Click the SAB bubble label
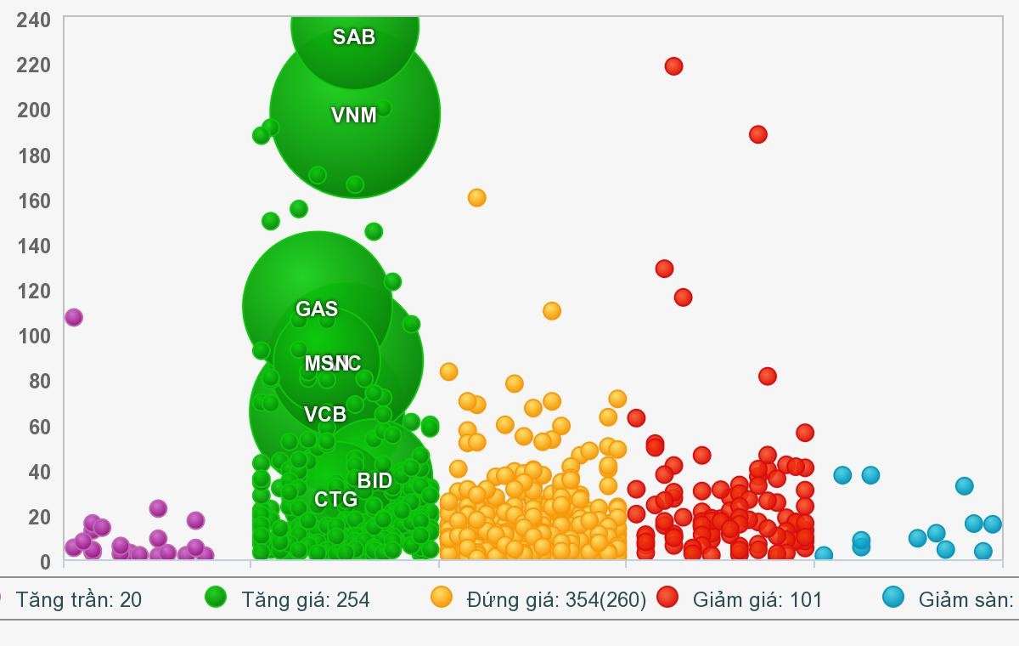click(x=353, y=37)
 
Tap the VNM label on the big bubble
click(x=353, y=116)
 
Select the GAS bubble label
click(x=317, y=309)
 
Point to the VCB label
click(x=325, y=415)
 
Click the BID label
click(x=374, y=481)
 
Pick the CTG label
click(x=335, y=500)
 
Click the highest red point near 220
click(x=673, y=66)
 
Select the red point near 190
click(x=758, y=134)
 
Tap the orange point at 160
click(x=476, y=198)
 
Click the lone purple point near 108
click(x=74, y=318)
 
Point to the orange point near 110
click(x=552, y=311)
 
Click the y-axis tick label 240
click(x=33, y=20)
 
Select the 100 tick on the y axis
click(x=33, y=336)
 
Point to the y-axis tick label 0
click(x=45, y=562)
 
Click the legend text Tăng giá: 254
click(x=306, y=600)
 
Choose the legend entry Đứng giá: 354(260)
click(x=556, y=600)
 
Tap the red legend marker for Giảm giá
click(x=667, y=598)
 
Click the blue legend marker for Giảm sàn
click(x=892, y=598)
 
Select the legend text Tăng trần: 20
click(x=78, y=600)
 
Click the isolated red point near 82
click(x=768, y=377)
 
